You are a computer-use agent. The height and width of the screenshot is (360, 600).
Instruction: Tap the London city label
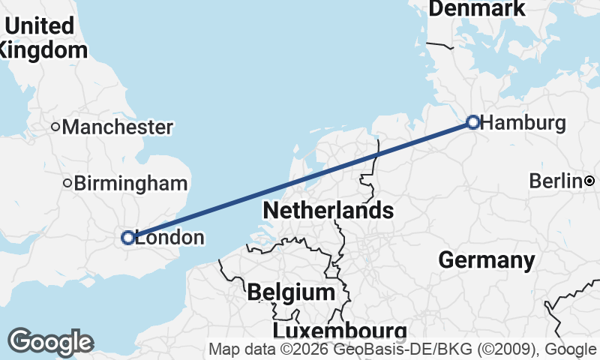pyautogui.click(x=169, y=238)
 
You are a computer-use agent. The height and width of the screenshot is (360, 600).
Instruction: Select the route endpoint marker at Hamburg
pyautogui.click(x=473, y=121)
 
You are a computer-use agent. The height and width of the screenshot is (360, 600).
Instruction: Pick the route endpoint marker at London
pyautogui.click(x=128, y=238)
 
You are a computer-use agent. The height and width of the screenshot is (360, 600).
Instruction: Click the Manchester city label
pyautogui.click(x=118, y=127)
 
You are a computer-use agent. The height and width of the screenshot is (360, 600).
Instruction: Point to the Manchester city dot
pyautogui.click(x=55, y=127)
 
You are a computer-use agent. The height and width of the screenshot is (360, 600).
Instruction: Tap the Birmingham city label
pyautogui.click(x=130, y=183)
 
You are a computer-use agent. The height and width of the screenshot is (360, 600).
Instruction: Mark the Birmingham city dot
pyautogui.click(x=67, y=183)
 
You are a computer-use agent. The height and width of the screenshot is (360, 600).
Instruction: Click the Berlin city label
pyautogui.click(x=555, y=181)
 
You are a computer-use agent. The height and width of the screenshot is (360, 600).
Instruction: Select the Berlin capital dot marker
pyautogui.click(x=589, y=181)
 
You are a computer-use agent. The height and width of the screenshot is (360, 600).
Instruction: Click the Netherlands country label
pyautogui.click(x=328, y=210)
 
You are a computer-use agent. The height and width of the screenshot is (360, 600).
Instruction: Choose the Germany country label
pyautogui.click(x=486, y=260)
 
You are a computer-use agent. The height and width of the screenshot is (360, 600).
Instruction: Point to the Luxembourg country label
pyautogui.click(x=340, y=331)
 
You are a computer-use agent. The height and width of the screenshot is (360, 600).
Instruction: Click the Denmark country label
pyautogui.click(x=477, y=8)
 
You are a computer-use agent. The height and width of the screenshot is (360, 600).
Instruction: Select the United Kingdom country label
pyautogui.click(x=42, y=37)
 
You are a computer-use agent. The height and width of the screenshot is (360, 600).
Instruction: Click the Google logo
pyautogui.click(x=50, y=343)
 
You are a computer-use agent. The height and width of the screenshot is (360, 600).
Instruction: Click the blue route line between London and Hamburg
pyautogui.click(x=300, y=179)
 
